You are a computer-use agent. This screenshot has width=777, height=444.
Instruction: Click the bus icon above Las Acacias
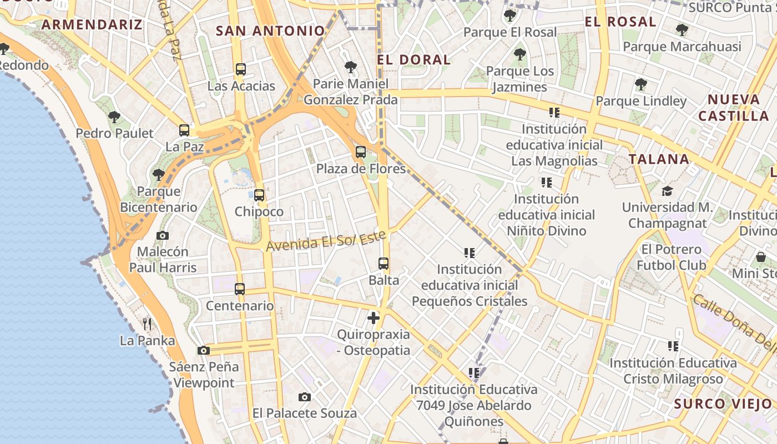coord(240,69)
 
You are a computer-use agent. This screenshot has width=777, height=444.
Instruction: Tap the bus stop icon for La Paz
coord(184,130)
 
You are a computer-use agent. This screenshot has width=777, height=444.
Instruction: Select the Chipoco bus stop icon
coord(259,195)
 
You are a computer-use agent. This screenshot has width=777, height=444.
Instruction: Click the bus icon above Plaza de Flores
coord(361,152)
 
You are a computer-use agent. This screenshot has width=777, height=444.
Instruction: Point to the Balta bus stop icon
coord(384,264)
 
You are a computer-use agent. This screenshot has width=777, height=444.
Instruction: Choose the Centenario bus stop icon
coord(240,289)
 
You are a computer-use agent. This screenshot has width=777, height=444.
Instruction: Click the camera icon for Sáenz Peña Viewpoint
coord(204,350)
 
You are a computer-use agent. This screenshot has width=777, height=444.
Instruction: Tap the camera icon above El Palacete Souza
coord(304,397)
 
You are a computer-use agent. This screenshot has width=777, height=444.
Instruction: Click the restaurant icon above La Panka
coord(147,324)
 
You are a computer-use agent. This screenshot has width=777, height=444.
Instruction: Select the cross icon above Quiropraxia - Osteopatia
coord(374,318)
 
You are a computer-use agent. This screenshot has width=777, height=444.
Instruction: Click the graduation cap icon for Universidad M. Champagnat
coord(667,191)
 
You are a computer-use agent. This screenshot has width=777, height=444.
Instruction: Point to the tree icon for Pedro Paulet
coord(114,117)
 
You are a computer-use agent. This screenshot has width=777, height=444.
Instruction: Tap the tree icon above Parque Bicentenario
coord(159,175)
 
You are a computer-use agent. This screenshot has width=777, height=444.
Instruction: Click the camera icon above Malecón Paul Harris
coord(163,235)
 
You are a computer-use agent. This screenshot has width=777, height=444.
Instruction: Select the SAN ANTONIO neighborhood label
coord(270,31)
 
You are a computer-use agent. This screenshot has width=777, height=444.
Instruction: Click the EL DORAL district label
coord(413,60)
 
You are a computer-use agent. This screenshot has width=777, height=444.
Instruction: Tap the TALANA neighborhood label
coord(659,159)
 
